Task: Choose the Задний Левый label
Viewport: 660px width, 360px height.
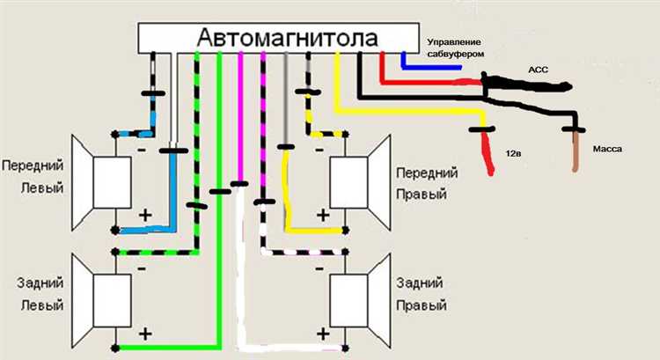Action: tap(34, 295)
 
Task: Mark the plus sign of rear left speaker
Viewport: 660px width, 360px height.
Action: tap(145, 334)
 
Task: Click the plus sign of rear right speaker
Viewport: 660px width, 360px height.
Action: tap(322, 334)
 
